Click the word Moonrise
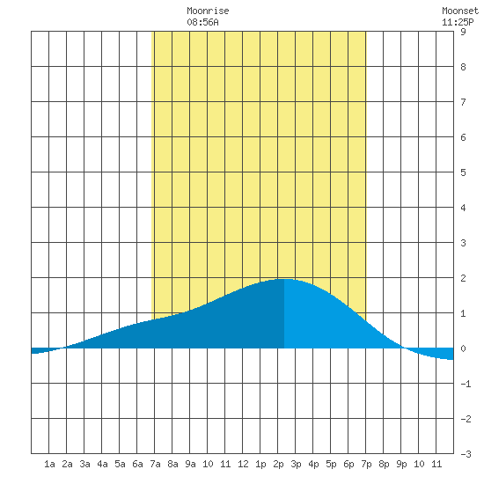[x=208, y=11]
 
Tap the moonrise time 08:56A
[x=202, y=22]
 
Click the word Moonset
[x=460, y=11]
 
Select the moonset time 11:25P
[x=458, y=22]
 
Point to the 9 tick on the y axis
[x=463, y=32]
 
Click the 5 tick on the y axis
[x=463, y=172]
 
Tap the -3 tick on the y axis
[x=466, y=454]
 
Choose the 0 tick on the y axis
[x=463, y=348]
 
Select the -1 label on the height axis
[x=466, y=384]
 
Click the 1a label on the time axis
[x=49, y=464]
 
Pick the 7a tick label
[x=155, y=464]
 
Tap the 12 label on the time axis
[x=243, y=464]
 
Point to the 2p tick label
[x=278, y=464]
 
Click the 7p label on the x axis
[x=366, y=464]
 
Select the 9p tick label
[x=401, y=464]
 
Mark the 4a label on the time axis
[x=102, y=464]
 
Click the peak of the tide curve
[x=284, y=279]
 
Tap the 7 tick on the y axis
[x=463, y=102]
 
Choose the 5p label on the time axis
[x=331, y=464]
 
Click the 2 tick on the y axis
[x=463, y=278]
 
